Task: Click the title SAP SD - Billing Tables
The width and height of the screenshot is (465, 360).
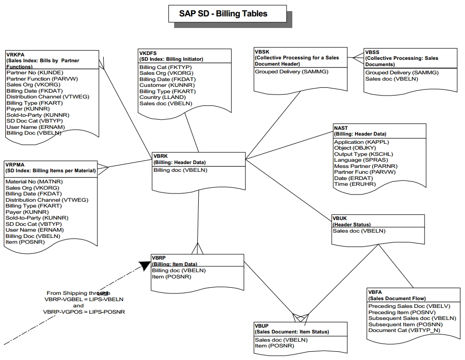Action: point(223,14)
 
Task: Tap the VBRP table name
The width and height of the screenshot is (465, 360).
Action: point(159,258)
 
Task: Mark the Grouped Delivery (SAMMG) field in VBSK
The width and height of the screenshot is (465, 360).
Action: point(285,71)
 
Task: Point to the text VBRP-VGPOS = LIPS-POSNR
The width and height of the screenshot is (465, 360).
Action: point(84,312)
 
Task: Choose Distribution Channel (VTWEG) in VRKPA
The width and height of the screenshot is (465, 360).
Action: point(48,97)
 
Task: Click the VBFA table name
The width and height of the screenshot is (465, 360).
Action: point(375,292)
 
